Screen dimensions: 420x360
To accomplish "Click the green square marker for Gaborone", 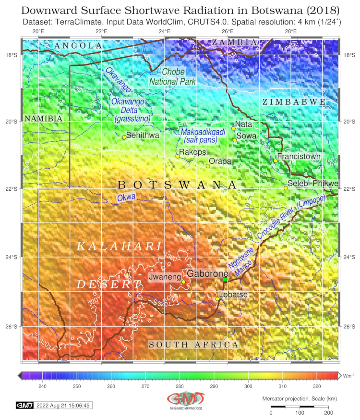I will pyautogui.click(x=225, y=279).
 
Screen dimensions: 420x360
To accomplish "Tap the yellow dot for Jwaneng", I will pyautogui.click(x=183, y=282).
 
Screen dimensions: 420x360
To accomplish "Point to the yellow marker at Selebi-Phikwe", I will pyautogui.click(x=286, y=188).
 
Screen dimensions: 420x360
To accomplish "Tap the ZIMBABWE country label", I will pyautogui.click(x=294, y=102).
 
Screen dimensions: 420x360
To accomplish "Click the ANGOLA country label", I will pyautogui.click(x=78, y=45).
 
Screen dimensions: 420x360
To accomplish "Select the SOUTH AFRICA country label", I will pyautogui.click(x=193, y=345).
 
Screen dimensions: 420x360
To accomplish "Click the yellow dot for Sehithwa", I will pyautogui.click(x=124, y=137).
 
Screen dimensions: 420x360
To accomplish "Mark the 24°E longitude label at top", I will pyautogui.click(x=165, y=32).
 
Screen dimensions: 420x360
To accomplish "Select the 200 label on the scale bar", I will pyautogui.click(x=328, y=412).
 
